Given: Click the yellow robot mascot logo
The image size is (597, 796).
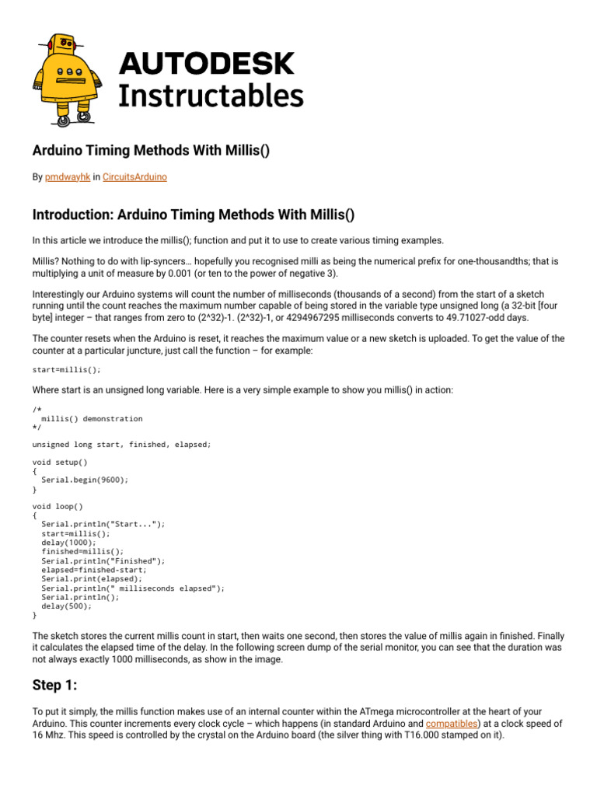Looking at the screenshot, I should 65,78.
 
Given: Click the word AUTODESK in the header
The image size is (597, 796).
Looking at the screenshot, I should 205,63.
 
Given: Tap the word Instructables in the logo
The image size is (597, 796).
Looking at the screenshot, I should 210,96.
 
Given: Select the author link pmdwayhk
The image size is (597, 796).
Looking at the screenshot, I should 68,177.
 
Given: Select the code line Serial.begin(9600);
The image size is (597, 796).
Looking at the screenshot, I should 85,480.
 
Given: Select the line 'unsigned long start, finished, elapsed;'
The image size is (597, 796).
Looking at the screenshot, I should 121,445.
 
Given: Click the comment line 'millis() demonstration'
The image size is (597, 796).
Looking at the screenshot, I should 92,418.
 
